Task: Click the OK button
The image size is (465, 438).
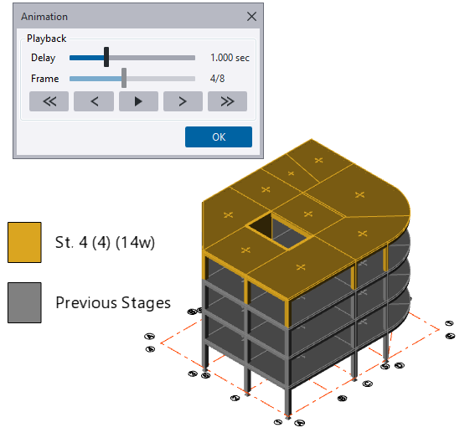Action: point(218,137)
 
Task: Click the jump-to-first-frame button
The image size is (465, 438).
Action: point(49,101)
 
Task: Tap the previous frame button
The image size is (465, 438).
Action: point(94,101)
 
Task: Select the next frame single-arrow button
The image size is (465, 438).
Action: point(183,101)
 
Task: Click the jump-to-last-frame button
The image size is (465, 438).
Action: point(227,101)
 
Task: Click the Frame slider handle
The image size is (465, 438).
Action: point(124,79)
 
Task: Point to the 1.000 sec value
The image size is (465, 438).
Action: point(230,59)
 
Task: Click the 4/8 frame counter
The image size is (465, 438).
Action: point(217,80)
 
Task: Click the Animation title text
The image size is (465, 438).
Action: point(44,16)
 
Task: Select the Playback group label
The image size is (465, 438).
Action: point(46,39)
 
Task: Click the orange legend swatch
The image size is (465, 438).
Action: point(23,243)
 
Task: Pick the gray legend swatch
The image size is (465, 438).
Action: point(23,302)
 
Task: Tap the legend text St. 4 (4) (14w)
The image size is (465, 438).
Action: point(104,243)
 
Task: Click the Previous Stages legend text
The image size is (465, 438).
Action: point(112,302)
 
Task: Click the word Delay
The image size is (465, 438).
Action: point(44,59)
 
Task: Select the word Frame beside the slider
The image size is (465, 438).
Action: point(45,80)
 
